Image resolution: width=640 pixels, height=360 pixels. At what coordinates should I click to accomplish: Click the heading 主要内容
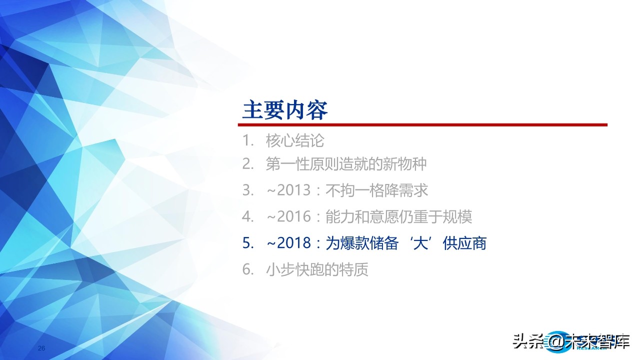(284, 109)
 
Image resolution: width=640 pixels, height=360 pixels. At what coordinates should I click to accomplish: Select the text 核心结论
(295, 141)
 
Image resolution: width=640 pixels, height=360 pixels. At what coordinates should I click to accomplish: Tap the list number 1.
(247, 141)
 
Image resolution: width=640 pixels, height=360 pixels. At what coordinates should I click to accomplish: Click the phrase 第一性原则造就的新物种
(346, 163)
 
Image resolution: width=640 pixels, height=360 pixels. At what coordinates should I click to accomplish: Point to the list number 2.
(247, 163)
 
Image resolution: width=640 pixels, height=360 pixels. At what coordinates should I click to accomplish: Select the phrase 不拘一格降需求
(376, 190)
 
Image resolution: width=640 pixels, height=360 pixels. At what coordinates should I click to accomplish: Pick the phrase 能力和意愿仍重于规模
(398, 216)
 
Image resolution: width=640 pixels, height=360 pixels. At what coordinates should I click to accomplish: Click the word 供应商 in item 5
(464, 243)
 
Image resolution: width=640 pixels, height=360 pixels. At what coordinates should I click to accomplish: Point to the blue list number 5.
(247, 243)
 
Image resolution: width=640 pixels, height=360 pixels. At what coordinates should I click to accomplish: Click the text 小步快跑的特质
(317, 270)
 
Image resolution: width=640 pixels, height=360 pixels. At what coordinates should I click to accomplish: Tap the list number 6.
(247, 270)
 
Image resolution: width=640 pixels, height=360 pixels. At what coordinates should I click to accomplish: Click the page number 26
(42, 348)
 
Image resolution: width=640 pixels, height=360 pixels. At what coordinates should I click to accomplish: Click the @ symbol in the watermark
(556, 343)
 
